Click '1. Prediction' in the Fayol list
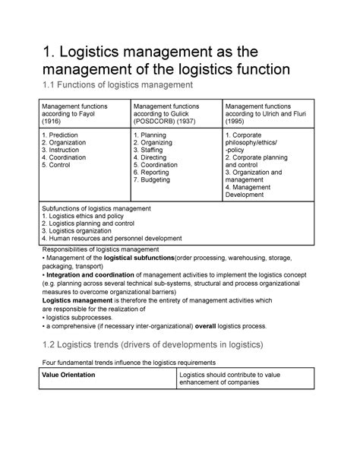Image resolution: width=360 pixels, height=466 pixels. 65,135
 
